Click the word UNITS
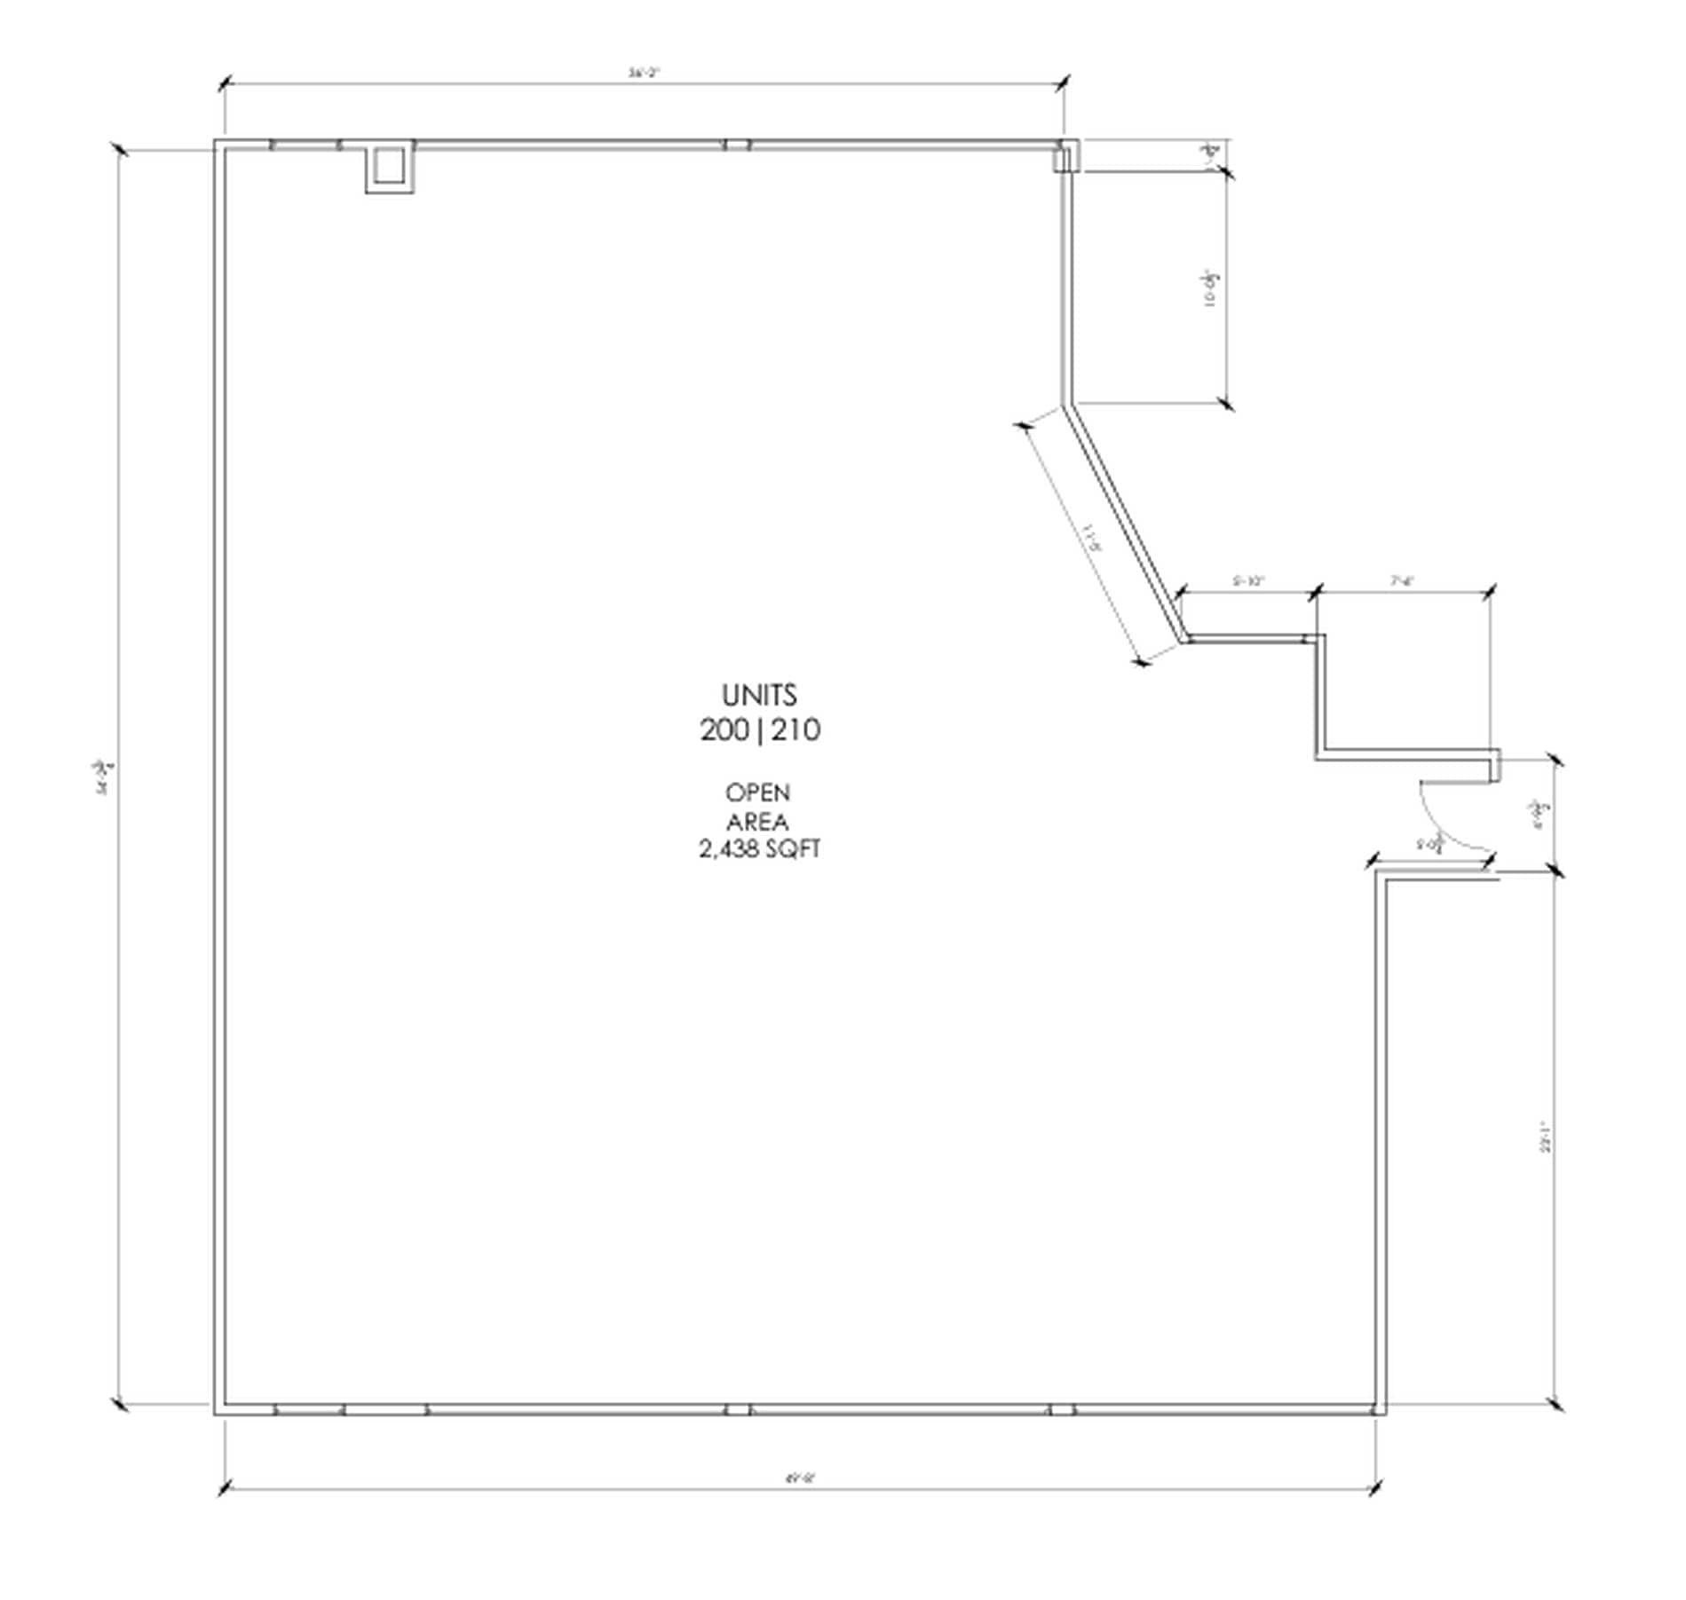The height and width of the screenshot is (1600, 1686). [x=758, y=695]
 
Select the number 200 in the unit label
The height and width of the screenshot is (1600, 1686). [x=724, y=730]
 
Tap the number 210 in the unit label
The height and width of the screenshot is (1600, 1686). [x=796, y=730]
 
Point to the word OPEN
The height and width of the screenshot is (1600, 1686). [x=757, y=792]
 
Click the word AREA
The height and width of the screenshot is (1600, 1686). [x=757, y=821]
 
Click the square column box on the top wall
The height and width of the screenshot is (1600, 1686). [x=389, y=166]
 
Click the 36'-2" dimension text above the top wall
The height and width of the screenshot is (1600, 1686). [x=644, y=75]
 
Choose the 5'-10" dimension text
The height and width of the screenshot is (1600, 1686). [x=1248, y=581]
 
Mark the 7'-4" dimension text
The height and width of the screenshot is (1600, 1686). [x=1402, y=581]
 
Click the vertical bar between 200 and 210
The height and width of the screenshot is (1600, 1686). [x=759, y=731]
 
